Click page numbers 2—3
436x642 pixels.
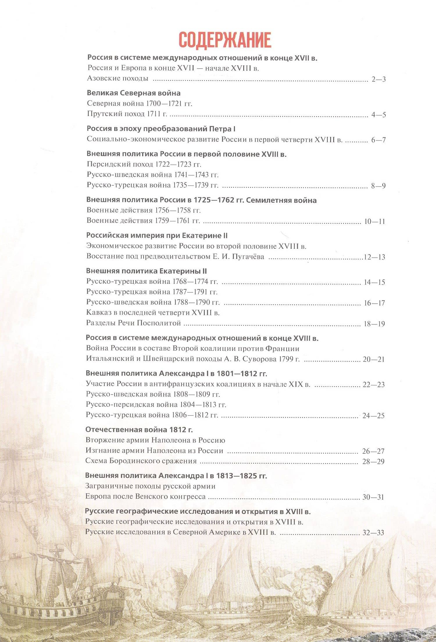tap(378, 79)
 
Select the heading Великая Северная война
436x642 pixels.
tap(134, 93)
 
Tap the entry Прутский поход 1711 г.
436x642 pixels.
tap(127, 114)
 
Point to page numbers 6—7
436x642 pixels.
tap(378, 140)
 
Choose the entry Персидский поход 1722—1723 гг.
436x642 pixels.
tap(144, 164)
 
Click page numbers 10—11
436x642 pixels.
tap(374, 221)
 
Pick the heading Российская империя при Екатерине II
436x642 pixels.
tap(157, 235)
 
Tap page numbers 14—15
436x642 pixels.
tap(374, 282)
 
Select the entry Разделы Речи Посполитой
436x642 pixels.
tap(133, 323)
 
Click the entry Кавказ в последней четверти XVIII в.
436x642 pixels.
tap(153, 313)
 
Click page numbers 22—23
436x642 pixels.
tap(374, 385)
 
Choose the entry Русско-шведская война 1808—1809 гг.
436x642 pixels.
tap(153, 394)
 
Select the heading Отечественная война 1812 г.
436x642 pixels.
tap(139, 430)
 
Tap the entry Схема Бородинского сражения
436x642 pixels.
tap(141, 461)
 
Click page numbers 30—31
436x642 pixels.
tap(373, 497)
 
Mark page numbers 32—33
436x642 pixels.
tap(373, 533)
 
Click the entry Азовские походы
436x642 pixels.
tap(118, 78)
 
